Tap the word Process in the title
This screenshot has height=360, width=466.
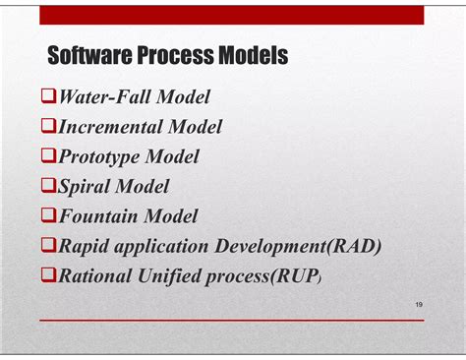pyautogui.click(x=178, y=56)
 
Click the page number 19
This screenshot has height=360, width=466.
pyautogui.click(x=419, y=307)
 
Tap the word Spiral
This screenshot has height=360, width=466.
pyautogui.click(x=86, y=186)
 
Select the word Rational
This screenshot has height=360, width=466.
pyautogui.click(x=99, y=276)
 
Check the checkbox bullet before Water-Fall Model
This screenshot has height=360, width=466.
pyautogui.click(x=48, y=96)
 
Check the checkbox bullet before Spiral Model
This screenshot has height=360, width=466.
pyautogui.click(x=48, y=186)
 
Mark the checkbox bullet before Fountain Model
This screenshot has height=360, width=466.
pyautogui.click(x=48, y=216)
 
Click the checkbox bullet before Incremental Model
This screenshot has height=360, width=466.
pyautogui.click(x=48, y=126)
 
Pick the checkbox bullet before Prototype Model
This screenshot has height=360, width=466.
pyautogui.click(x=48, y=156)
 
